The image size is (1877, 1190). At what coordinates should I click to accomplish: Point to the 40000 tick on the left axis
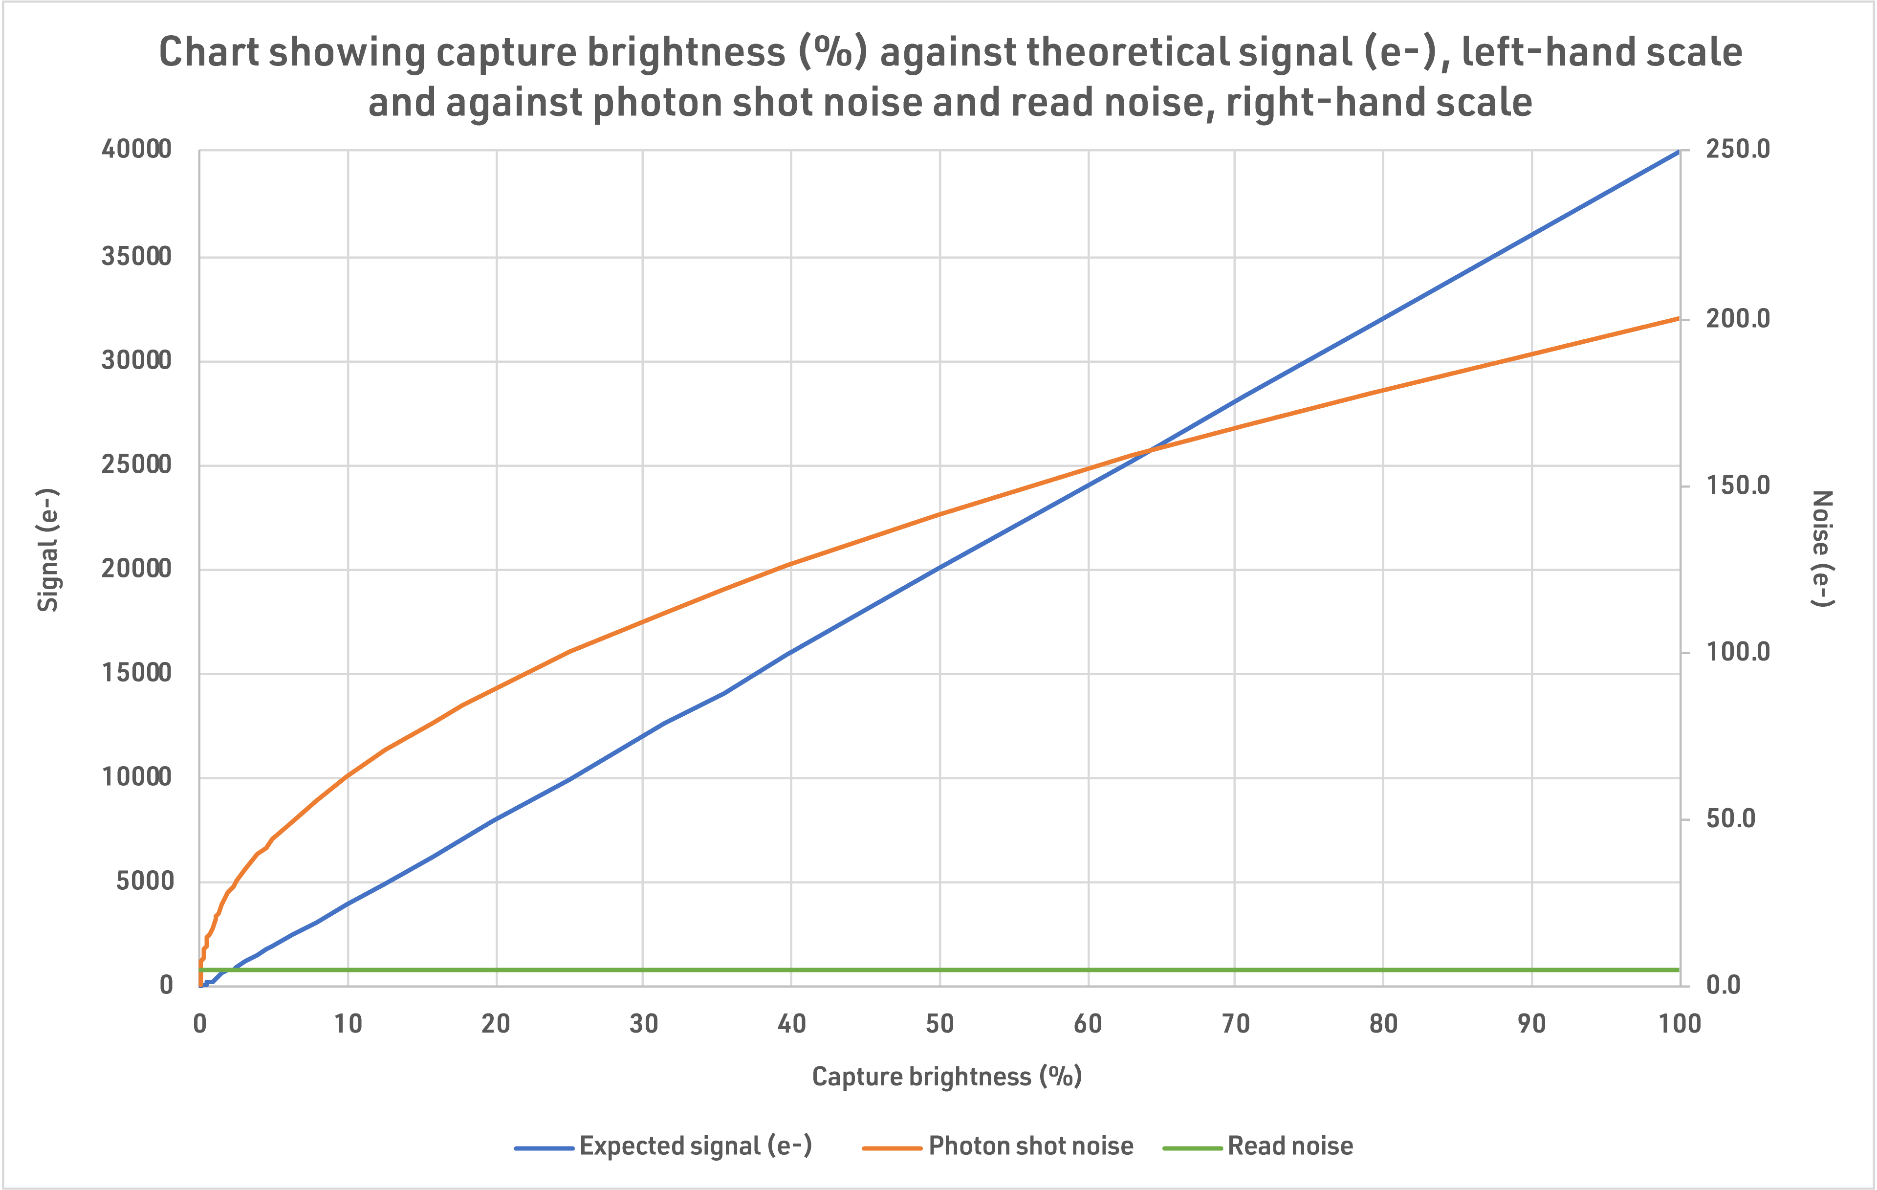pyautogui.click(x=136, y=149)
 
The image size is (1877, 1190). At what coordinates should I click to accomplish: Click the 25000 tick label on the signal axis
pyautogui.click(x=136, y=465)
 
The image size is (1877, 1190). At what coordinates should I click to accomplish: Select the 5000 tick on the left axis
pyautogui.click(x=145, y=881)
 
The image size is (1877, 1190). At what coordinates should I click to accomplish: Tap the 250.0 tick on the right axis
pyautogui.click(x=1738, y=149)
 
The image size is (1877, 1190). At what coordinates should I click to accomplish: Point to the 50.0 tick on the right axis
pyautogui.click(x=1730, y=819)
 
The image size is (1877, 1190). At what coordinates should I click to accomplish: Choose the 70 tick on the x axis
pyautogui.click(x=1235, y=1023)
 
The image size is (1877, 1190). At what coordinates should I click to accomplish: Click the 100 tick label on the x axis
pyautogui.click(x=1679, y=1023)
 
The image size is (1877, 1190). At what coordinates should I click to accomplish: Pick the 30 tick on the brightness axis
pyautogui.click(x=643, y=1023)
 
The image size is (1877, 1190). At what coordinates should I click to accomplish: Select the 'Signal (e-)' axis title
pyautogui.click(x=48, y=550)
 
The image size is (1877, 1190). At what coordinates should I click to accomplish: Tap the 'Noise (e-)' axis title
pyautogui.click(x=1822, y=548)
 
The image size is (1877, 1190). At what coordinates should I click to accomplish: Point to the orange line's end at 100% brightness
pyautogui.click(x=1678, y=318)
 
